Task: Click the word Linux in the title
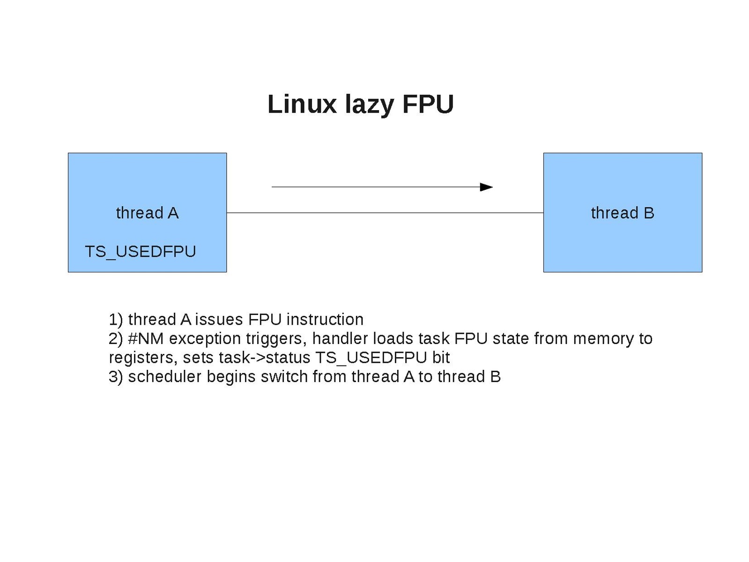click(302, 104)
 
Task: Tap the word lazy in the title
click(369, 105)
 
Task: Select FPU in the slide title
click(428, 104)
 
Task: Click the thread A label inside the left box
click(147, 213)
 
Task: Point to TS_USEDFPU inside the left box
click(140, 252)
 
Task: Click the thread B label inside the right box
click(622, 213)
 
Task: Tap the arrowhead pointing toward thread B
click(487, 187)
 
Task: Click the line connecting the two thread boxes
click(384, 213)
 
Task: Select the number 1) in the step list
click(116, 320)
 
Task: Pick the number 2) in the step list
click(116, 338)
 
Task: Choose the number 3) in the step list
click(116, 377)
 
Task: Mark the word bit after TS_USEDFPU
click(441, 358)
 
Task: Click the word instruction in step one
click(325, 320)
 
